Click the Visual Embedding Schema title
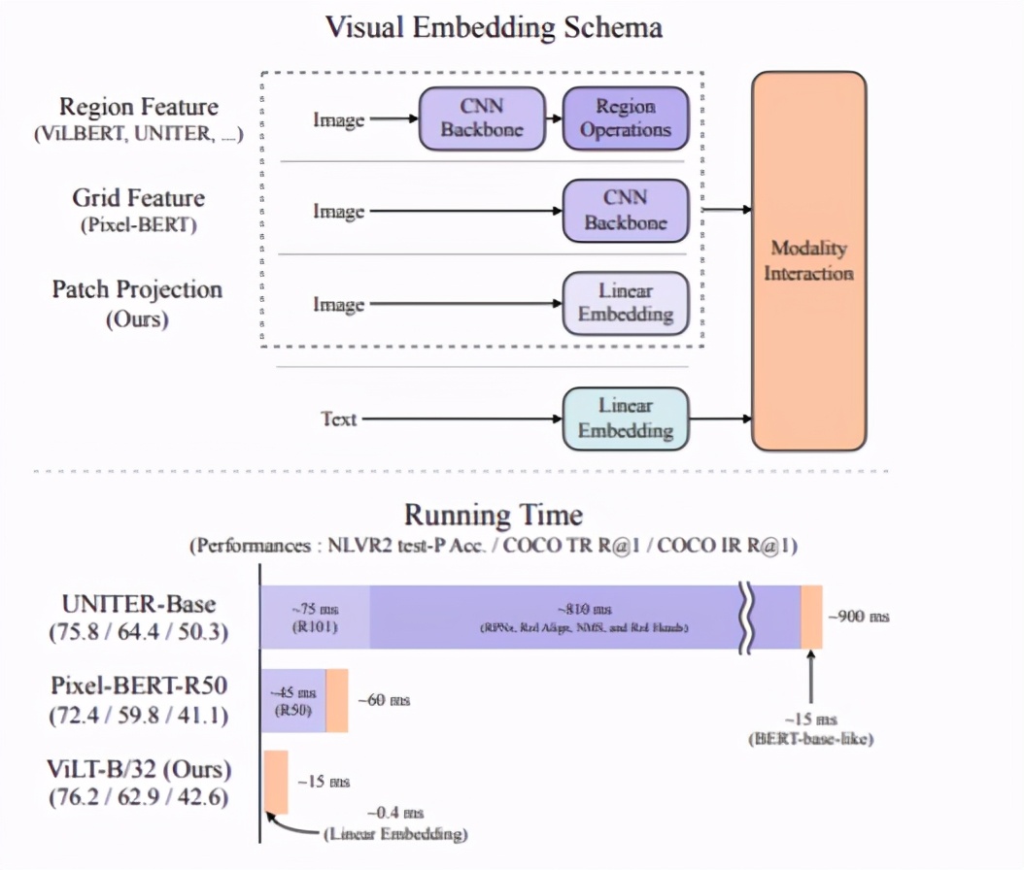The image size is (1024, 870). (x=494, y=26)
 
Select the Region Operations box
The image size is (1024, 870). (x=626, y=118)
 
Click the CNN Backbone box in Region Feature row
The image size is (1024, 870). (x=482, y=118)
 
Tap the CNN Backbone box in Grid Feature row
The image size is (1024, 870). (x=626, y=210)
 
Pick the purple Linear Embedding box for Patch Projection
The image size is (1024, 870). (x=626, y=303)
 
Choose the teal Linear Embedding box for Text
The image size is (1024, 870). (x=626, y=418)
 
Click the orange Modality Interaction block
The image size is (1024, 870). (x=808, y=260)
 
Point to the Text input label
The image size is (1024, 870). (x=339, y=419)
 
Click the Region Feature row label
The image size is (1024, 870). (x=138, y=107)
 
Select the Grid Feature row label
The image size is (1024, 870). (x=138, y=198)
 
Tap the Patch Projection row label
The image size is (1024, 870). (x=137, y=289)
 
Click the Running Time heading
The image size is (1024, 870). (x=494, y=515)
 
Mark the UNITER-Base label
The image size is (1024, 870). (x=138, y=604)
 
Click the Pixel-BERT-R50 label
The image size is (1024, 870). (x=138, y=686)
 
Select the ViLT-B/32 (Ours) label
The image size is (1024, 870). (x=138, y=769)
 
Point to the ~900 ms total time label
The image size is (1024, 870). (x=858, y=617)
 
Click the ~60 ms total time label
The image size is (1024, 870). (x=384, y=700)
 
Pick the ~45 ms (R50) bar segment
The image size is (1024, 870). (x=292, y=700)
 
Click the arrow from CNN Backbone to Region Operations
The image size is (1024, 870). (x=554, y=119)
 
